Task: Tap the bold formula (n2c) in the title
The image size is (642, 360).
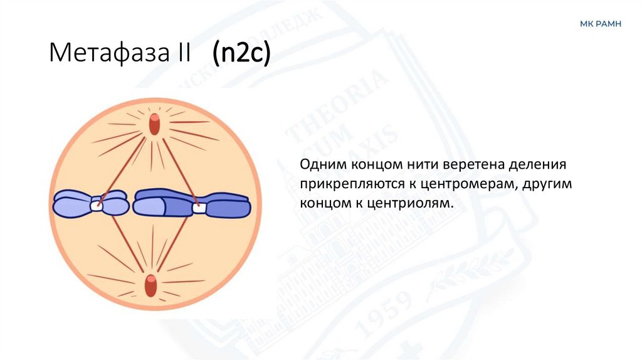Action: (241, 53)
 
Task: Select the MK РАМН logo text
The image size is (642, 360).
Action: (600, 24)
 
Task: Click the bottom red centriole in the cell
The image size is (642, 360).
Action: (150, 285)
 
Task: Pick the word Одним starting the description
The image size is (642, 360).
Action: (322, 166)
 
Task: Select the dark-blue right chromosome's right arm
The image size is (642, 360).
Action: (228, 204)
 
